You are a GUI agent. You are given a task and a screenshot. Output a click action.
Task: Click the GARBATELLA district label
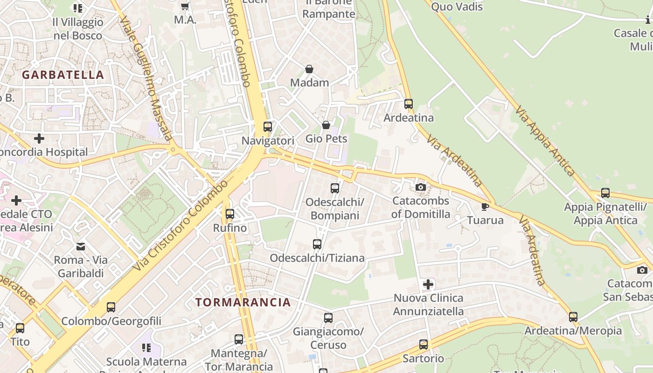coord(63,75)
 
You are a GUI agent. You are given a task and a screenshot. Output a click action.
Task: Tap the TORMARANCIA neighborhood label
coord(243,302)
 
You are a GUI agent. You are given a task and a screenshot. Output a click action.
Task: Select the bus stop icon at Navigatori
coord(268,126)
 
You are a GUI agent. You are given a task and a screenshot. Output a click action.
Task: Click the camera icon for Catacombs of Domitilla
coord(421,187)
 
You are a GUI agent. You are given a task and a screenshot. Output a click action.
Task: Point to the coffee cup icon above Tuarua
coord(485,206)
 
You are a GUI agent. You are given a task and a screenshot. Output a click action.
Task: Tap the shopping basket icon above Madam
coord(309,69)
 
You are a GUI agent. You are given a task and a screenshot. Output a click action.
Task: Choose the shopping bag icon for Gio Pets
coord(326,125)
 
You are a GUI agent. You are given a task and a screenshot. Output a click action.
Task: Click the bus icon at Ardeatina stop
coord(409,104)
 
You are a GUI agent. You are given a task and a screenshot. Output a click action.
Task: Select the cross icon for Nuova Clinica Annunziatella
coord(428,284)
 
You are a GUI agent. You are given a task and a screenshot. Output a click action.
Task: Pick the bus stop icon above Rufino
coord(230,214)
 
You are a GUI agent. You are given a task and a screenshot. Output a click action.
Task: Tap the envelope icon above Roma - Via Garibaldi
coord(81,246)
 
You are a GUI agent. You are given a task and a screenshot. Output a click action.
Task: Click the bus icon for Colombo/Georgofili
coord(111,307)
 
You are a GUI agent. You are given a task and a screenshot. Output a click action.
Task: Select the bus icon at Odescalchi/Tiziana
coord(317,244)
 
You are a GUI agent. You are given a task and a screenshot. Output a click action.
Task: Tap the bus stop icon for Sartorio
coord(424,345)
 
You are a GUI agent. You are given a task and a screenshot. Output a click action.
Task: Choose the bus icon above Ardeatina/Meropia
coord(573,317)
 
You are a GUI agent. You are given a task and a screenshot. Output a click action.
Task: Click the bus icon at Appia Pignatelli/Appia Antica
coord(605,193)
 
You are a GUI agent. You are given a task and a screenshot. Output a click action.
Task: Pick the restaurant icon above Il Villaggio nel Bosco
coord(77,8)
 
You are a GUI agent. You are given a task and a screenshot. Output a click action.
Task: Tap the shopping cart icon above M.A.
coord(185,6)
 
